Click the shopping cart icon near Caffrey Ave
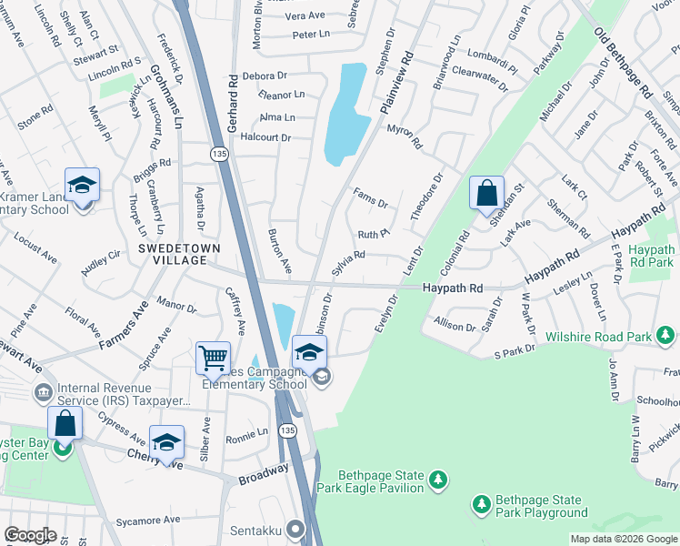coord(213,358)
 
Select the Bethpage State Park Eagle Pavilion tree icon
coord(438,479)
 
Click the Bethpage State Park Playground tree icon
coord(481,502)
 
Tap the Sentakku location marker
coord(295,528)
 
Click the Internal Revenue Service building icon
coord(43,393)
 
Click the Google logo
coord(30,535)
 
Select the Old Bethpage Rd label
coord(624,63)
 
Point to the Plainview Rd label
coord(395,82)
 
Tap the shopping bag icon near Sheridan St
coord(486,193)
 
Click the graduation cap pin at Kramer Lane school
coord(82,186)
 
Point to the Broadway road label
coord(263,473)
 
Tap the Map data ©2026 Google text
coord(623,539)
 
